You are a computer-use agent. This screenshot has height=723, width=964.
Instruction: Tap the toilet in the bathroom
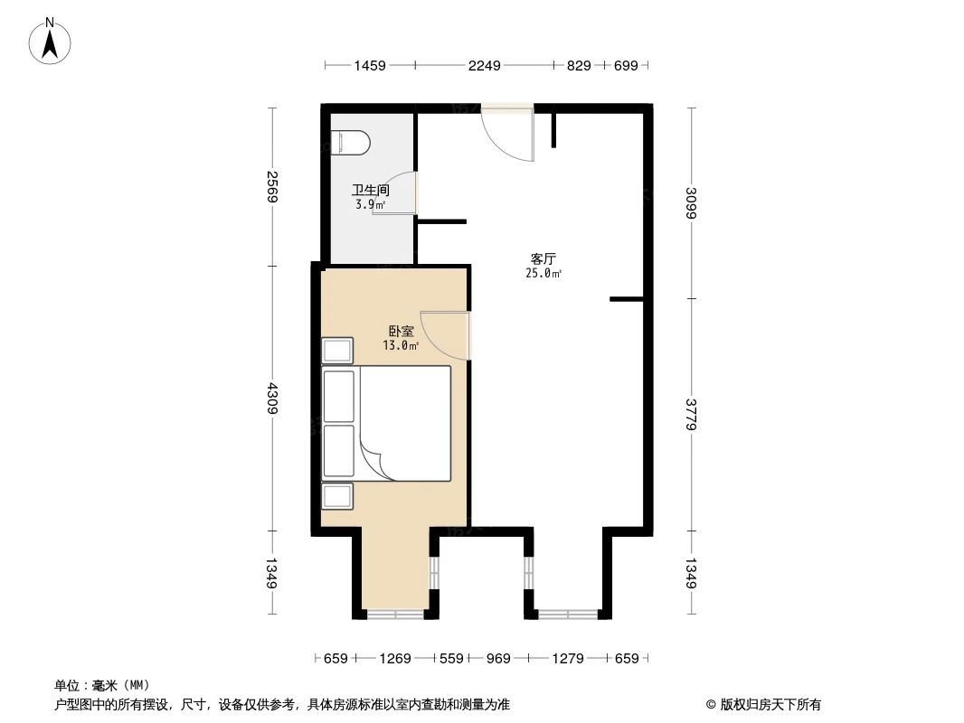tap(351, 143)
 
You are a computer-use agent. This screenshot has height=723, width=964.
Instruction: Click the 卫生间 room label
tap(371, 191)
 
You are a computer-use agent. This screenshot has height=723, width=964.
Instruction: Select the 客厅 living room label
tap(543, 258)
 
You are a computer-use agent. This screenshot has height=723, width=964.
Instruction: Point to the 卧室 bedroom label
tap(401, 332)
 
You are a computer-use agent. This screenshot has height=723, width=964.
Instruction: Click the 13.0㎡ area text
tap(401, 345)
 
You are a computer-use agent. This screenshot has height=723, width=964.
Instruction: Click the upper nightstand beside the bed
tap(338, 351)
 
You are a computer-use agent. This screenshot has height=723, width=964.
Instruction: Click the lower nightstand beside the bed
tap(338, 496)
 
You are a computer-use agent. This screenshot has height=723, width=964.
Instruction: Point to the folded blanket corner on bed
tap(380, 456)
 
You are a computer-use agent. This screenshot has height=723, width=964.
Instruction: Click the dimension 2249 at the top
tap(484, 65)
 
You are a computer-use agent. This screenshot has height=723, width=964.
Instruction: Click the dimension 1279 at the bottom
tap(568, 658)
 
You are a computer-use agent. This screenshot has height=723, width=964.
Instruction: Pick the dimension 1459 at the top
tap(370, 65)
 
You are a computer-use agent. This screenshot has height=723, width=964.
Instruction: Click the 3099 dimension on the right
tap(692, 202)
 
